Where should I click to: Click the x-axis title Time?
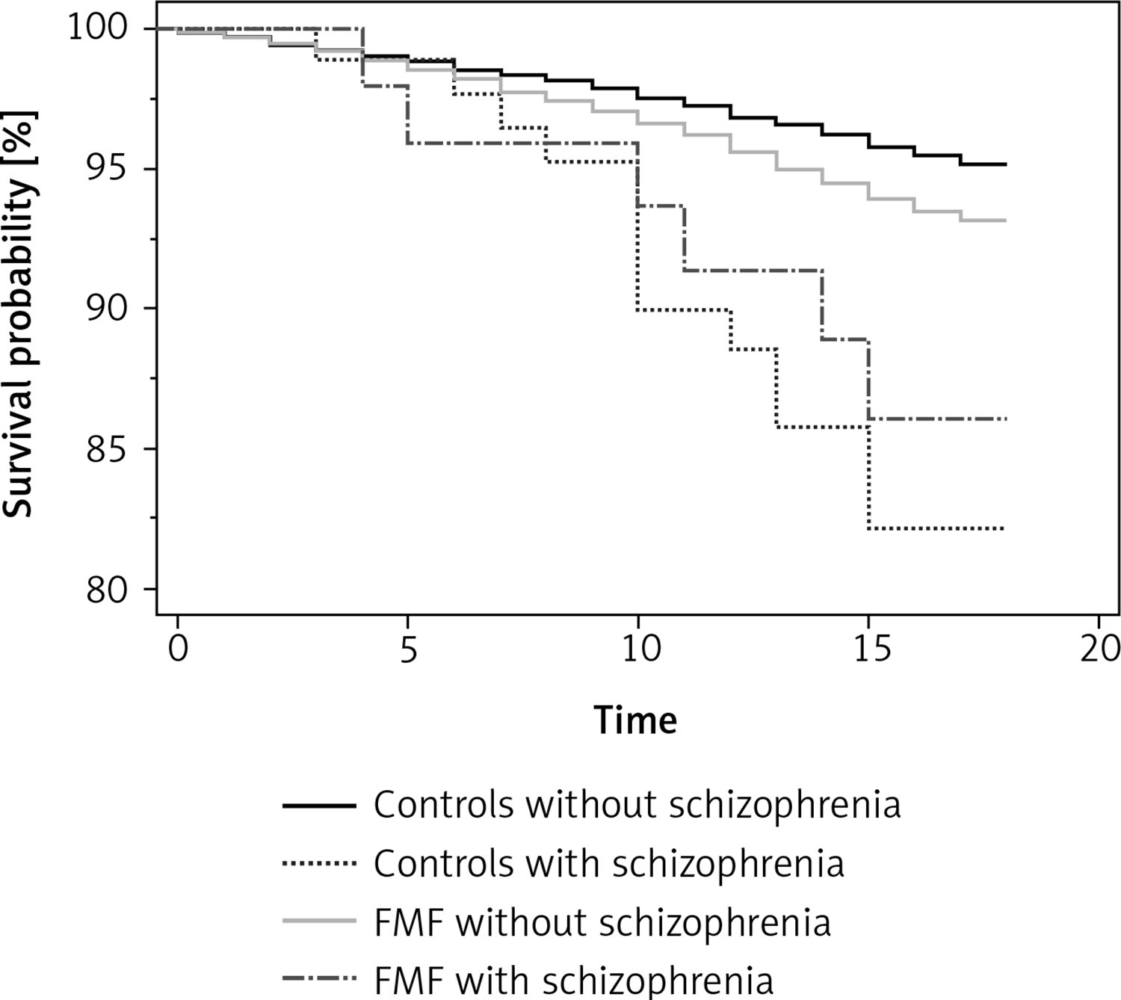(636, 720)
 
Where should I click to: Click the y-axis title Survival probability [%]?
(19, 314)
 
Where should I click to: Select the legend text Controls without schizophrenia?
(637, 805)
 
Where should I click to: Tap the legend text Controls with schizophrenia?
(608, 864)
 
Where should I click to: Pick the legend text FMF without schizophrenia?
(602, 922)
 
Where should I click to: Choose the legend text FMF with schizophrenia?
(573, 979)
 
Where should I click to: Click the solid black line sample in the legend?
(319, 806)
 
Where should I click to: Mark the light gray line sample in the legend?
(319, 922)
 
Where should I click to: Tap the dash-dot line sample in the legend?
(319, 978)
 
